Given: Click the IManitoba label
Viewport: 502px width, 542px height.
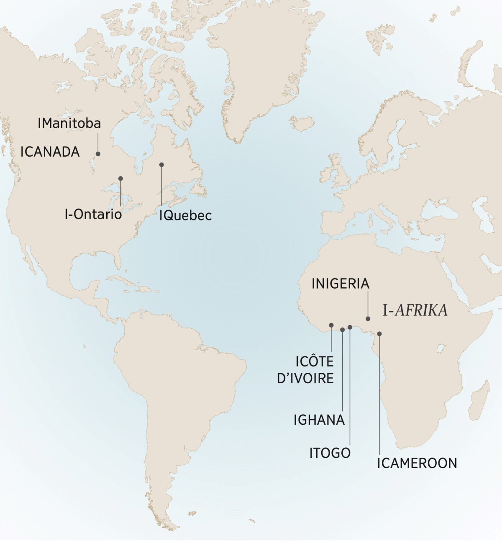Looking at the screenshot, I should [69, 123].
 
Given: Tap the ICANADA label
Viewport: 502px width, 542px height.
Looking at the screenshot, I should [50, 152].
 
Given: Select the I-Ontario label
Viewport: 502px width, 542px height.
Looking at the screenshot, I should [93, 214].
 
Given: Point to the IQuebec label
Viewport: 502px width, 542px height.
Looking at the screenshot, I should [185, 215].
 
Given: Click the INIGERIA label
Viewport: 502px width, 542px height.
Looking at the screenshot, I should [341, 284].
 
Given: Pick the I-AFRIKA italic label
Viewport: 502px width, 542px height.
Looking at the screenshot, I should [415, 310].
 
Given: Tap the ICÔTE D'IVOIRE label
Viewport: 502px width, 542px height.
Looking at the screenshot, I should [305, 369].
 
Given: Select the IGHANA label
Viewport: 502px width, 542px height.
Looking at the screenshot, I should [319, 420].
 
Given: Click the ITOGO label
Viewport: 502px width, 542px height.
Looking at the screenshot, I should [330, 453].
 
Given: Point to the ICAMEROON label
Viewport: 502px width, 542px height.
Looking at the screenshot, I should [417, 463].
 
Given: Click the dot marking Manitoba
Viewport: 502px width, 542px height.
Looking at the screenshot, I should [99, 154].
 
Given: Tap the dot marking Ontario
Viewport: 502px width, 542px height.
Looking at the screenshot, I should [120, 178].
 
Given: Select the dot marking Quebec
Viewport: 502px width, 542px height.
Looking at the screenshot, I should [161, 165].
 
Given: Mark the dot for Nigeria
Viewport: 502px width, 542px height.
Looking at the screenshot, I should [368, 319].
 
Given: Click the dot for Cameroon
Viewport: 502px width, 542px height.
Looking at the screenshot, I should [379, 334].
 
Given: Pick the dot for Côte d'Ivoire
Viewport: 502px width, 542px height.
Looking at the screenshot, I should [331, 325].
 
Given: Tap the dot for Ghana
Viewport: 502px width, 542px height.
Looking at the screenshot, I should [343, 330].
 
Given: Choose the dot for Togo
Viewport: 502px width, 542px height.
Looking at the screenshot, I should [350, 327].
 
